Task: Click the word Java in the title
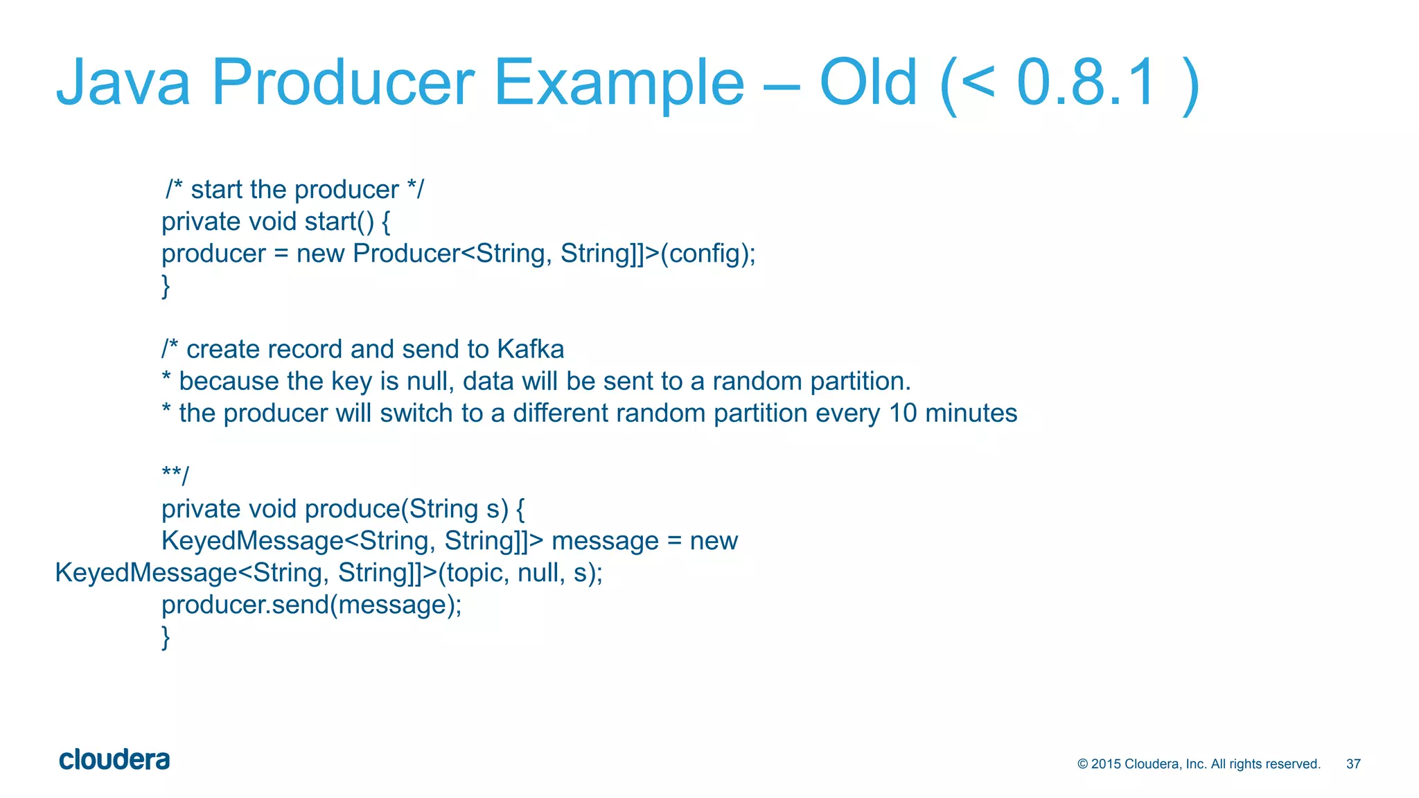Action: (x=123, y=83)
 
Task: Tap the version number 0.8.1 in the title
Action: (x=1086, y=83)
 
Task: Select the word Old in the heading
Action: (x=868, y=83)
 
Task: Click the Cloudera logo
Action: (x=114, y=760)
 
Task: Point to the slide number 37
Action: (x=1353, y=764)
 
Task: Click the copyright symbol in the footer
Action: (x=1083, y=764)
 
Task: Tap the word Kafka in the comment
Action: (x=530, y=349)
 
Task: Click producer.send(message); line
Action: (x=311, y=605)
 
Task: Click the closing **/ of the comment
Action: (x=175, y=476)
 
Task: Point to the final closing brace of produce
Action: (x=166, y=637)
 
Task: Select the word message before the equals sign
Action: (x=604, y=541)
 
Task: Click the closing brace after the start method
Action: (x=166, y=286)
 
